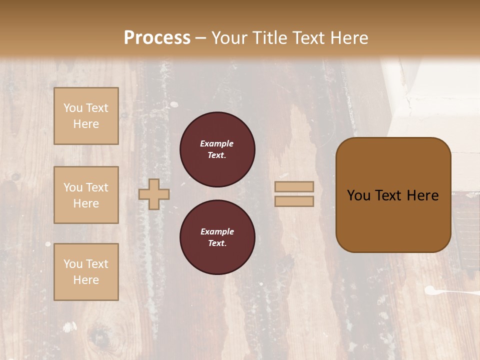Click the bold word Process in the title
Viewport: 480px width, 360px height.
[157, 37]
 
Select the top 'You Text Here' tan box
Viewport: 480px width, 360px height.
[86, 116]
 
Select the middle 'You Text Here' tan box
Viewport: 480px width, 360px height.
[86, 195]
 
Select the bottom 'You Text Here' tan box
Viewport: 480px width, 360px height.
[86, 272]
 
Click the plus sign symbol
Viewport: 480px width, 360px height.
[154, 194]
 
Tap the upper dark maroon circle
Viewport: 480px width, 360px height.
[217, 149]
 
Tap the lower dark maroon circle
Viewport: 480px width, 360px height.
[217, 237]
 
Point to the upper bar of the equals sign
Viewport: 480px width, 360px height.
[294, 186]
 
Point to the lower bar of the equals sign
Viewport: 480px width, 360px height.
[294, 201]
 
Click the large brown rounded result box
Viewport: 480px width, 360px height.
[393, 195]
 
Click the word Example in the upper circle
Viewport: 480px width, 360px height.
[217, 143]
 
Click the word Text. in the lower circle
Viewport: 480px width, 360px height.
[217, 243]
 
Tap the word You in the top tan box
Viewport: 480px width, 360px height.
[73, 108]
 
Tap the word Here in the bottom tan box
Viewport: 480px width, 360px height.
[86, 280]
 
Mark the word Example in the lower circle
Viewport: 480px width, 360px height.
[217, 231]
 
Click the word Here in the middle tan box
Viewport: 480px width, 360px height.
[86, 203]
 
